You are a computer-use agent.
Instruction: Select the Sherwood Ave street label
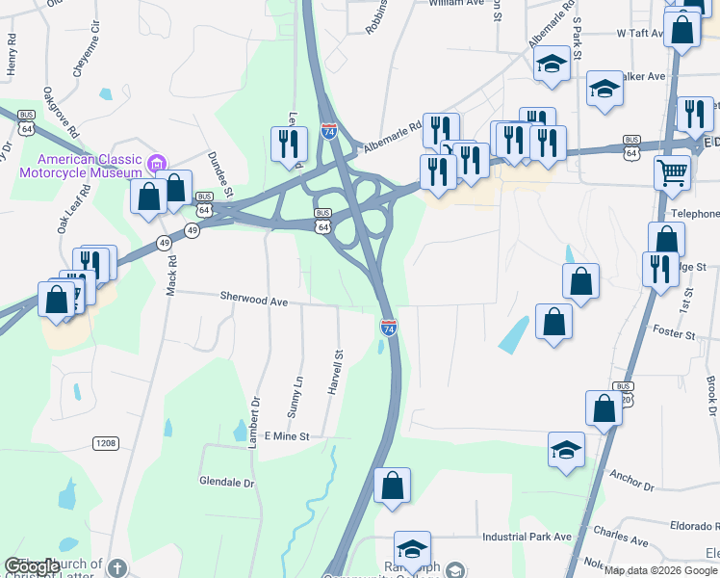pyautogui.click(x=254, y=301)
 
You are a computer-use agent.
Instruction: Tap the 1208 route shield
pyautogui.click(x=107, y=443)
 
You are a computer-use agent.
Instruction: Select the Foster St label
pyautogui.click(x=674, y=334)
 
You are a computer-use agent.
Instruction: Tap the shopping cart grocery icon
pyautogui.click(x=673, y=173)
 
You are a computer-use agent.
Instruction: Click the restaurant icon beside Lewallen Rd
pyautogui.click(x=289, y=144)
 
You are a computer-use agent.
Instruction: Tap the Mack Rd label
pyautogui.click(x=171, y=273)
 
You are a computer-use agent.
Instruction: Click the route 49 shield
pyautogui.click(x=193, y=231)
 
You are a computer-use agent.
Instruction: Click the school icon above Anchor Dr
pyautogui.click(x=566, y=449)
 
